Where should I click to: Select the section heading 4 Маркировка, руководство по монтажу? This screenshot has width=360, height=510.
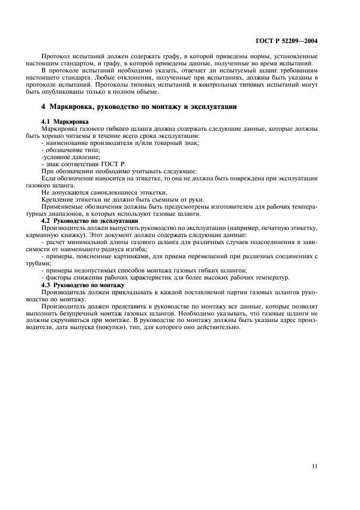coord(139,106)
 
